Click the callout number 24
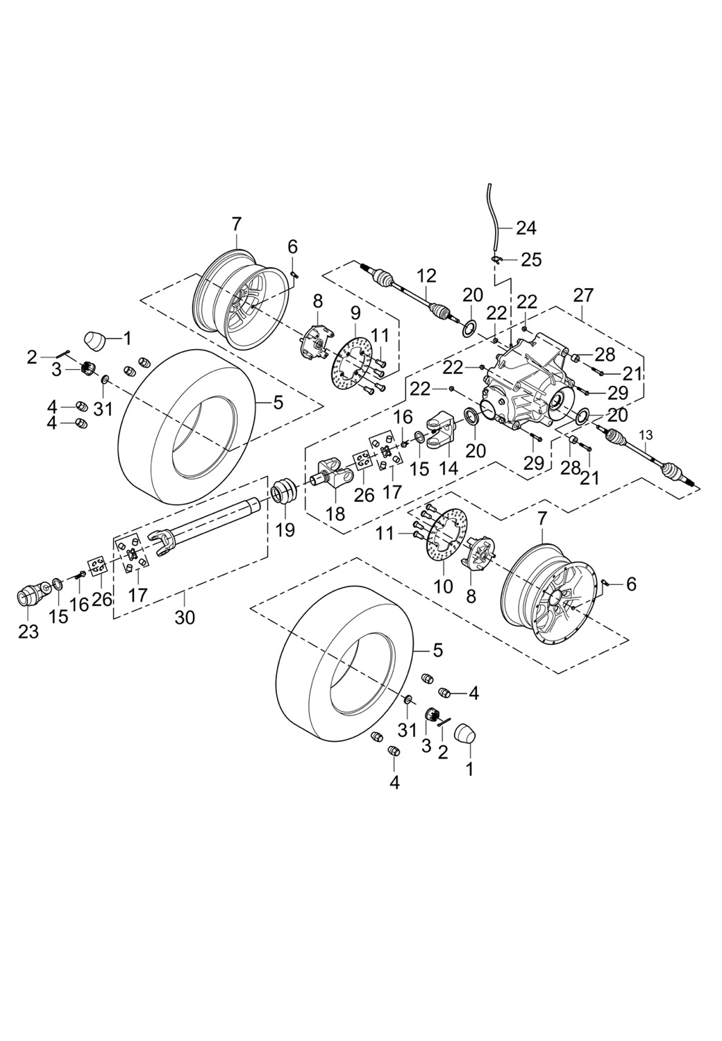tap(527, 228)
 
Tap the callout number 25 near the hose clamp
tap(531, 260)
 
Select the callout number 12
tap(426, 276)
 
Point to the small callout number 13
tap(646, 434)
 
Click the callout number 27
tap(583, 295)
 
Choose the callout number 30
tap(185, 617)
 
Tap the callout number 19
tap(285, 530)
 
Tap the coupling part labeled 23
tap(30, 595)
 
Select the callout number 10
tap(444, 586)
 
